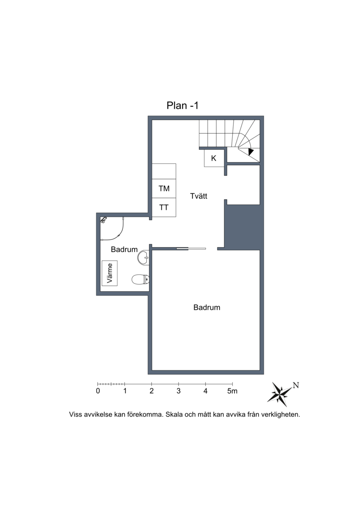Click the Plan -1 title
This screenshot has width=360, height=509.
coord(182,105)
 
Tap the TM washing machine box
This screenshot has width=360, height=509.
coord(164,188)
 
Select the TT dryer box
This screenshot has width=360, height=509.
coord(164,207)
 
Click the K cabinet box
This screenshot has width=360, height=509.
coord(214,158)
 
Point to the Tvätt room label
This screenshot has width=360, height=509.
coord(198,196)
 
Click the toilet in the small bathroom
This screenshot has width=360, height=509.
coord(140,279)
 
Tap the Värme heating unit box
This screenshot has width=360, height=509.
coord(109,273)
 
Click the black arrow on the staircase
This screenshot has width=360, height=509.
coord(251,152)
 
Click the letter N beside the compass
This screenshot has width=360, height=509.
coord(296,385)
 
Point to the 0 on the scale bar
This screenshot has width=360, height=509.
coord(98,391)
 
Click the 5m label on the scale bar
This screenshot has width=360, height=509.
coord(233,391)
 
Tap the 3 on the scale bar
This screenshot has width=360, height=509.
coord(179,391)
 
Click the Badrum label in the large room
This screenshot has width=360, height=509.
coord(207,307)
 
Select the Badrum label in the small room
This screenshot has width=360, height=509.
coord(124,249)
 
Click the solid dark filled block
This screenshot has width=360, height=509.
coord(243,227)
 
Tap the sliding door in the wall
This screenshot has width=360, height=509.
coord(191,249)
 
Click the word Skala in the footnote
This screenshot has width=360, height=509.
coord(174,414)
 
